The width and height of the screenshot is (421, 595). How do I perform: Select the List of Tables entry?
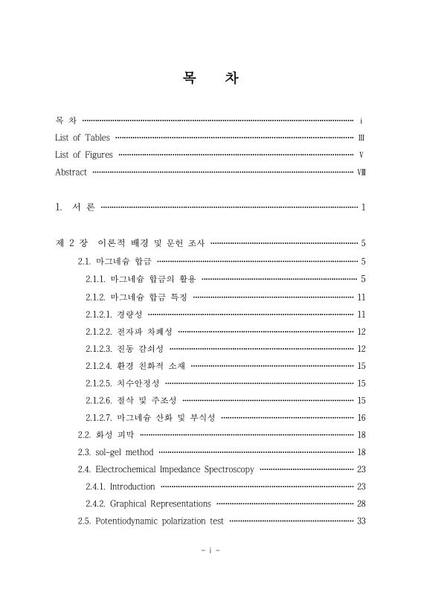pyautogui.click(x=83, y=138)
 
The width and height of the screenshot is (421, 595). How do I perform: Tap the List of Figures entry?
pyautogui.click(x=84, y=155)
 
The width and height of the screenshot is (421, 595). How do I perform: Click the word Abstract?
pyautogui.click(x=71, y=173)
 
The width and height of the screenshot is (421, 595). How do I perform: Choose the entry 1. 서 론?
pyautogui.click(x=75, y=207)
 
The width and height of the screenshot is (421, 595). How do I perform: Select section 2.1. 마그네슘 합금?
pyautogui.click(x=115, y=261)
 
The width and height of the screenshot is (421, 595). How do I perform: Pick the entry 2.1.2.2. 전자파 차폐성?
pyautogui.click(x=129, y=332)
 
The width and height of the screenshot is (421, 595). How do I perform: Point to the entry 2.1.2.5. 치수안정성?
pyautogui.click(x=123, y=383)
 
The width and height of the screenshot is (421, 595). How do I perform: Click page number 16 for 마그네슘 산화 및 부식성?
pyautogui.click(x=361, y=418)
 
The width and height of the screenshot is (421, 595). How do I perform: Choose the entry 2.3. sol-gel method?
pyautogui.click(x=116, y=452)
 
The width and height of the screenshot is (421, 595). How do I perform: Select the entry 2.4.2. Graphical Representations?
pyautogui.click(x=148, y=504)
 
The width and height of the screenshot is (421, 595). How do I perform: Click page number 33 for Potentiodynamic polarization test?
pyautogui.click(x=361, y=521)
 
